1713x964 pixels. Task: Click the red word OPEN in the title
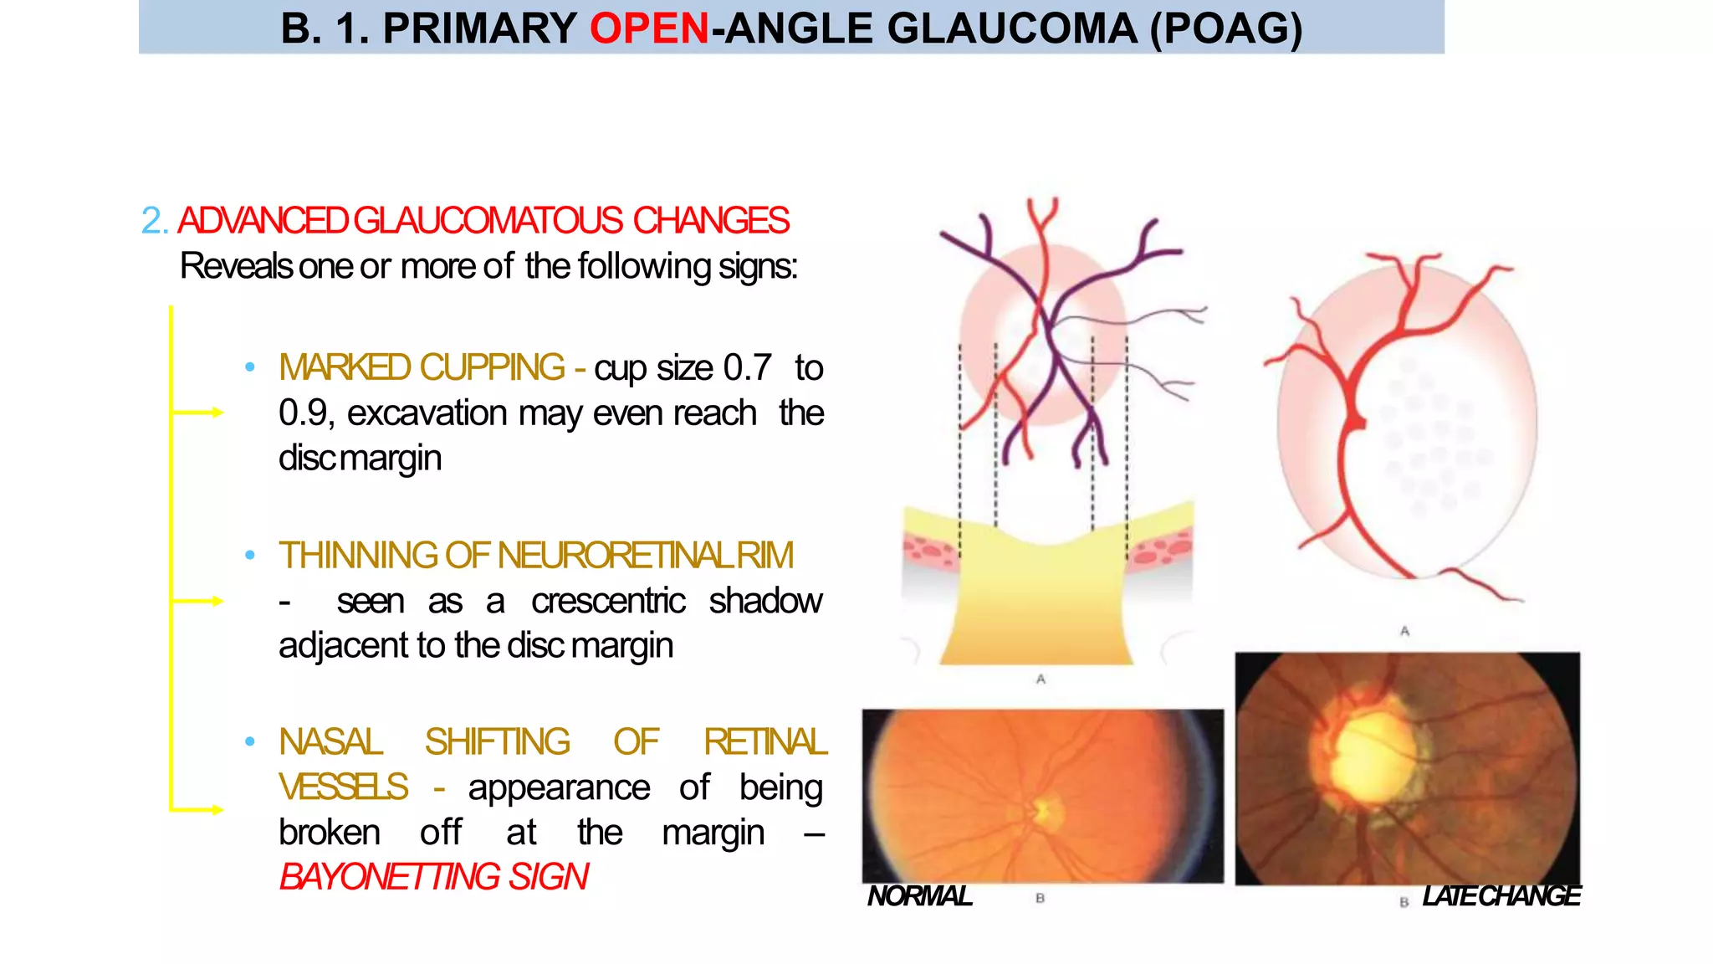(x=649, y=29)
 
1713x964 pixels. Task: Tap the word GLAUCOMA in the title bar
(x=1011, y=29)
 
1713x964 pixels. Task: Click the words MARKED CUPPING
(x=422, y=367)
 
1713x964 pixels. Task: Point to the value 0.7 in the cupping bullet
(x=747, y=368)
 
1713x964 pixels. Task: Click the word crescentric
(x=608, y=601)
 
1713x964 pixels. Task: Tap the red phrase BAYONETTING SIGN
(x=433, y=877)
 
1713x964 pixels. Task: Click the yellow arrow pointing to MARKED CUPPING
(x=199, y=412)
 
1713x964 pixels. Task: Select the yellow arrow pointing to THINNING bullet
(x=199, y=601)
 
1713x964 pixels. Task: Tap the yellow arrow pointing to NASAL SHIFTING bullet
(x=199, y=809)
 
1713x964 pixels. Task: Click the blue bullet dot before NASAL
(x=249, y=742)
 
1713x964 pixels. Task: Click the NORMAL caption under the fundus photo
(x=919, y=896)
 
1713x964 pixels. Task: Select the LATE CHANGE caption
(x=1501, y=896)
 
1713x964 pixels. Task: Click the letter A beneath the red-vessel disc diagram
(x=1404, y=631)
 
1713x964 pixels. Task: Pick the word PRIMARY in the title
(x=479, y=29)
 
